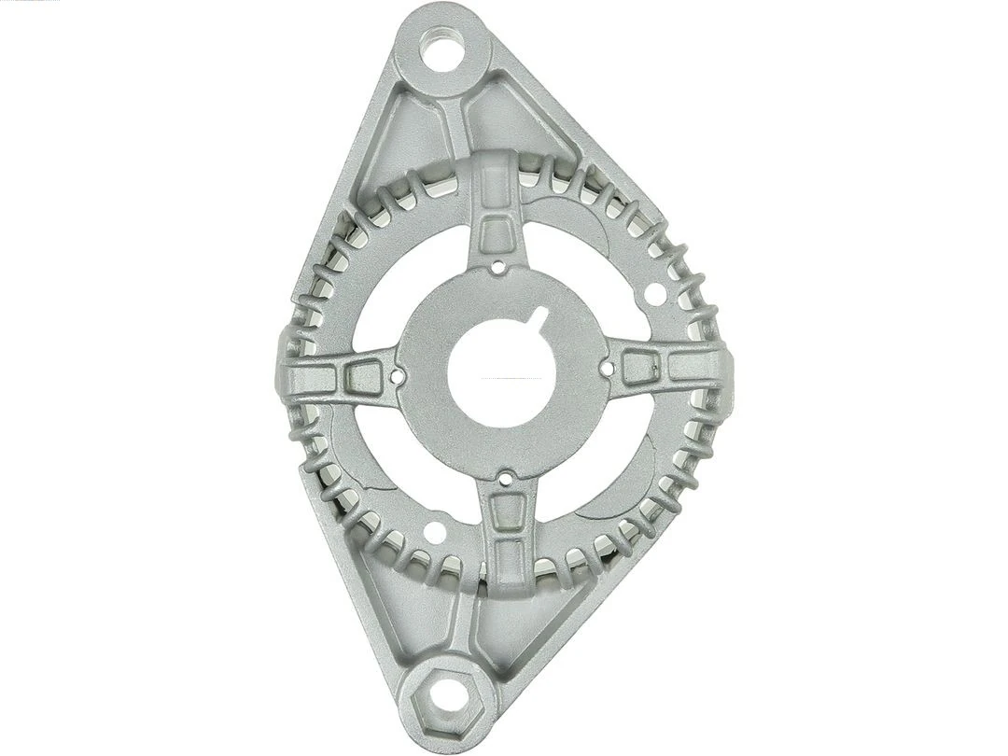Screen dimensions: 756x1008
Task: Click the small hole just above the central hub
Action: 499,268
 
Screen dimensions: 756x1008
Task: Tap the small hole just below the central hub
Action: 505,479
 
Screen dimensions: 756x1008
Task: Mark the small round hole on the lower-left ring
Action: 435,534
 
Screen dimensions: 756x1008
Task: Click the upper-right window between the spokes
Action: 588,271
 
